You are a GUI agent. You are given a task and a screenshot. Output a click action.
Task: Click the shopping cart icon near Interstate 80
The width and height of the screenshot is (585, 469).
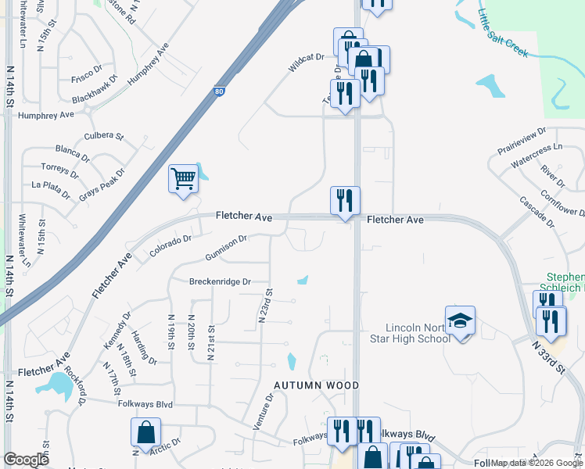tap(183, 178)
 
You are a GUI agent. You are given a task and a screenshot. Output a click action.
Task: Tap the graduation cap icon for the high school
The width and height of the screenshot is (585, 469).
tap(461, 320)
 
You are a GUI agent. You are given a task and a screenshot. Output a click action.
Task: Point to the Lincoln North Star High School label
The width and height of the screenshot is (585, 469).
tap(418, 333)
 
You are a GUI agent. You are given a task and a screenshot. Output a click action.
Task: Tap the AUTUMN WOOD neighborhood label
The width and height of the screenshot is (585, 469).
tap(316, 385)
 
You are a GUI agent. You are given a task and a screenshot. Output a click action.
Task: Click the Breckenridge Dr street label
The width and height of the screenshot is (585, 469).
tap(220, 281)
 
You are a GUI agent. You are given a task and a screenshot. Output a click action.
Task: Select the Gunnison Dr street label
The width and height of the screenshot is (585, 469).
tap(226, 248)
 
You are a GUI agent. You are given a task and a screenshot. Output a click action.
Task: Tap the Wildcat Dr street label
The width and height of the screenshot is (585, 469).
tap(306, 63)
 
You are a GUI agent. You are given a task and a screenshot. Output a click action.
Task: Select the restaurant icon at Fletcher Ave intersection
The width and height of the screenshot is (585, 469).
tap(345, 202)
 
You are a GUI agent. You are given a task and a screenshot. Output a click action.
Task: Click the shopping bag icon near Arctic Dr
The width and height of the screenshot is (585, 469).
tap(146, 432)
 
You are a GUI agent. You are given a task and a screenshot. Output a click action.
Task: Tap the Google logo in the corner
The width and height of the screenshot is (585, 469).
tap(26, 460)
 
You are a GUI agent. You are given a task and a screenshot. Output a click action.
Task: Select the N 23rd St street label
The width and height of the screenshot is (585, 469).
tap(265, 306)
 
